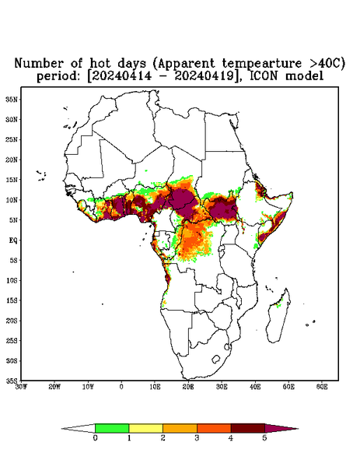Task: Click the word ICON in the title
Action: pos(263,75)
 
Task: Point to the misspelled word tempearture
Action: pos(262,64)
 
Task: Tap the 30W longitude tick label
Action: pos(21,387)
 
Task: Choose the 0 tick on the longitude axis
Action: pos(121,387)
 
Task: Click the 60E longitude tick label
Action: pos(322,387)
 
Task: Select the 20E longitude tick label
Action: pos(188,387)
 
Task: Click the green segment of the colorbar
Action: pos(112,428)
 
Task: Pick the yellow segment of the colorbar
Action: pos(146,428)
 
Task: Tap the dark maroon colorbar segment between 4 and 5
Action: pos(248,428)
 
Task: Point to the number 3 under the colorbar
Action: pos(197,438)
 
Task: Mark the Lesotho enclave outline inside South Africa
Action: pos(216,359)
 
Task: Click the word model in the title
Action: pos(304,75)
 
